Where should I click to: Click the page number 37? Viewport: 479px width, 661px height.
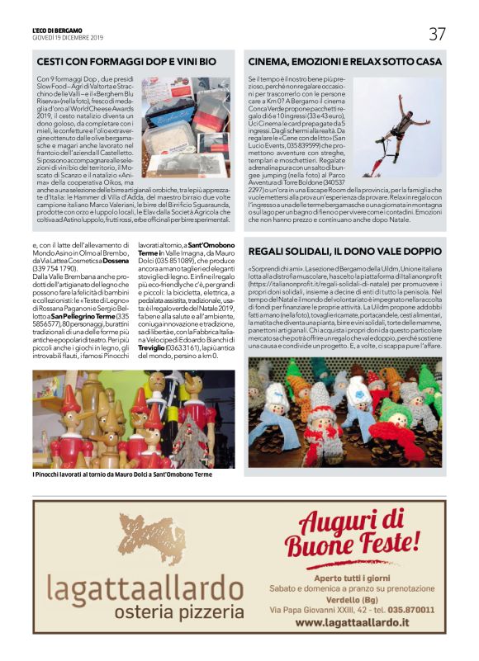pos(437,34)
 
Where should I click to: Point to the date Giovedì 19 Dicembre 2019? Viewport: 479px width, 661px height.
pos(69,37)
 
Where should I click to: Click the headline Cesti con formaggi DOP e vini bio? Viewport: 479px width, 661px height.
pos(127,62)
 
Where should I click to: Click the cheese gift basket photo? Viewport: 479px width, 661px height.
pos(185,119)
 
